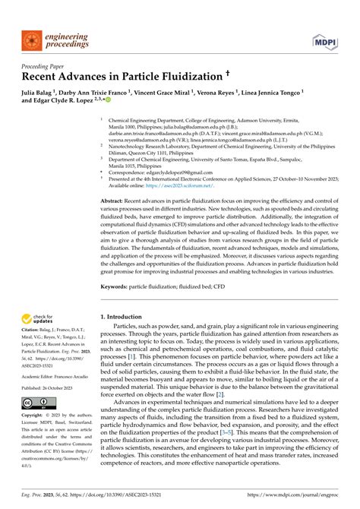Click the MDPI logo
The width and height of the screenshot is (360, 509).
[x=324, y=39]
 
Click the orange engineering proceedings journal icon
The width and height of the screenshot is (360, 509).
[x=31, y=39]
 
